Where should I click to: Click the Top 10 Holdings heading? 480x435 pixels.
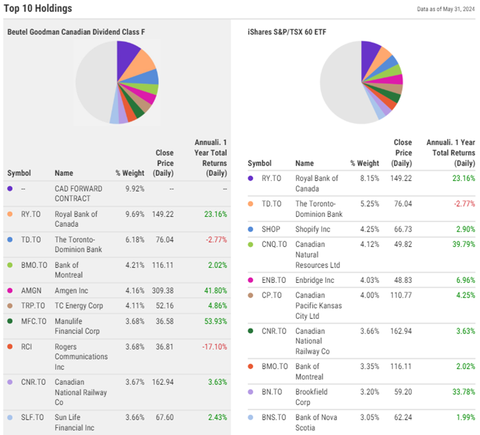pos(38,9)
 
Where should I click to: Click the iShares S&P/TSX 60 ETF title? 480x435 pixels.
pos(287,31)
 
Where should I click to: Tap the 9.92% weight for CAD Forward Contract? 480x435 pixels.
pos(134,189)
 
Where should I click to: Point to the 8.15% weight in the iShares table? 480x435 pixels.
pos(365,179)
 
